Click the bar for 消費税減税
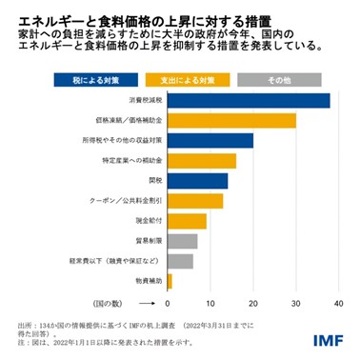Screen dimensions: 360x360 point(249,101)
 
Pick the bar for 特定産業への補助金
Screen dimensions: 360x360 point(201,161)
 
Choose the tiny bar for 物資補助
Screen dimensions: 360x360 point(170,281)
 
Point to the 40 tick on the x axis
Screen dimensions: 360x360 point(339,303)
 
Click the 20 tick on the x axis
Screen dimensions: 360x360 point(253,303)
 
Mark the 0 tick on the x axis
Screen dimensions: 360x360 point(168,303)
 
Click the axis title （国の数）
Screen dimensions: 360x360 point(130,303)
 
